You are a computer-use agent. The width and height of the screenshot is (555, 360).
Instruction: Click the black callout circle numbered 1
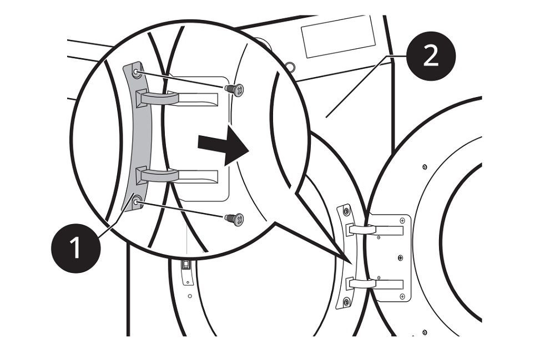pyautogui.click(x=75, y=247)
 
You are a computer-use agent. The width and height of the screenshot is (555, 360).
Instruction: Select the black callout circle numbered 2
pyautogui.click(x=431, y=55)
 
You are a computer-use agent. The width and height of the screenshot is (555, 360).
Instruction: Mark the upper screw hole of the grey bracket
pyautogui.click(x=137, y=72)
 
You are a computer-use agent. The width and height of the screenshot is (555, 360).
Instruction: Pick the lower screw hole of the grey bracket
pyautogui.click(x=137, y=203)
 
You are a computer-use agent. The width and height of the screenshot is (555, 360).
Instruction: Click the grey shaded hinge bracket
pyautogui.click(x=134, y=139)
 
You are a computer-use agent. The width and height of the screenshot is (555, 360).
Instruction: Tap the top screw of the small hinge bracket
pyautogui.click(x=347, y=211)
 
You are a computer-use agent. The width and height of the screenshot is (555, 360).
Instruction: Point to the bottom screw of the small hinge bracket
pyautogui.click(x=347, y=302)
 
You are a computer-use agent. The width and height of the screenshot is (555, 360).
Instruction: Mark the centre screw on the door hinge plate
pyautogui.click(x=399, y=257)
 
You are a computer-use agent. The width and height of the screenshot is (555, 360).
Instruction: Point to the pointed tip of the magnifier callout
pyautogui.click(x=350, y=263)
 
